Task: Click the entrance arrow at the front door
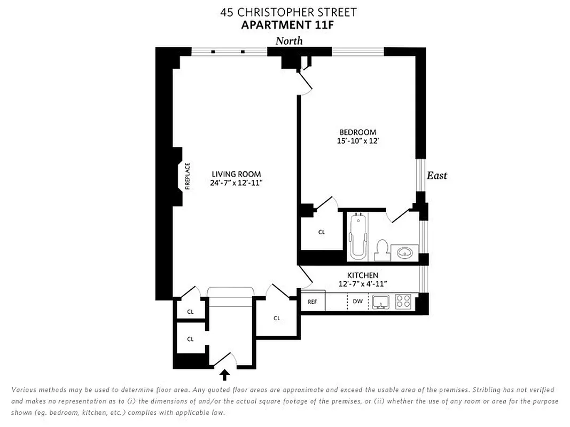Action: click(225, 375)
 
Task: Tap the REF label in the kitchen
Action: click(313, 302)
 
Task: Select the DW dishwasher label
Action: click(358, 302)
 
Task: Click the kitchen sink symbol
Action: click(381, 302)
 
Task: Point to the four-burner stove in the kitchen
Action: click(403, 302)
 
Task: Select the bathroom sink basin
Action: click(404, 251)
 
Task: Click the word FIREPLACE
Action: click(188, 176)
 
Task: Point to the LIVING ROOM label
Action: click(236, 174)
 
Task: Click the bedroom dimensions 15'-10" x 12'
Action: click(358, 141)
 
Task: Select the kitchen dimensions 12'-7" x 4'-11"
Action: click(363, 284)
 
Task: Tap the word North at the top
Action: click(289, 41)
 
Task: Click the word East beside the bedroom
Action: click(436, 176)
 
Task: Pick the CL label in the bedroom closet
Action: click(322, 232)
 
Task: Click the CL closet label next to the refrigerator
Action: click(277, 318)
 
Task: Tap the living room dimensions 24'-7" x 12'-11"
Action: click(236, 183)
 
